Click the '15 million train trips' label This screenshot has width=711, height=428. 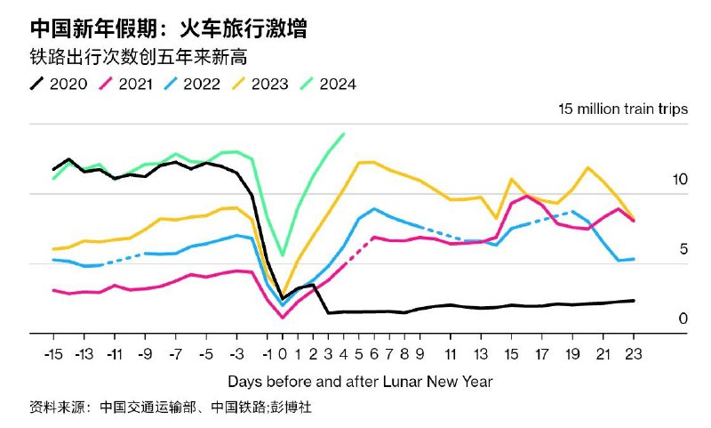tap(622, 109)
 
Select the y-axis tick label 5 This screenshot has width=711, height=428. tap(683, 249)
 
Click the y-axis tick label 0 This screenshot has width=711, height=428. tap(683, 319)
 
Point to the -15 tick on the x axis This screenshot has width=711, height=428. tap(53, 353)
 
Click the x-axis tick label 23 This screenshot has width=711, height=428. tap(634, 353)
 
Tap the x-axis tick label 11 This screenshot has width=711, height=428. tap(451, 353)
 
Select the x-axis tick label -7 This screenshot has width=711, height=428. tap(176, 353)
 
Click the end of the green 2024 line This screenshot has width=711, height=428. tap(344, 133)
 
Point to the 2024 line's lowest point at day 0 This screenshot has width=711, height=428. tap(283, 255)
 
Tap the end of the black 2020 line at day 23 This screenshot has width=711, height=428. tap(634, 301)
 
